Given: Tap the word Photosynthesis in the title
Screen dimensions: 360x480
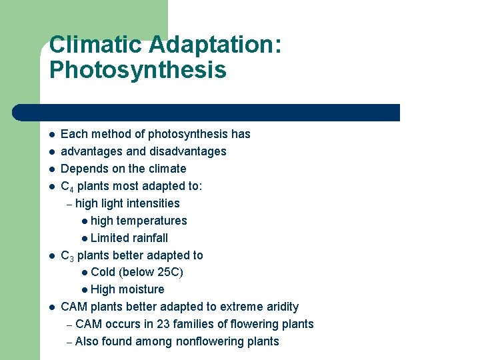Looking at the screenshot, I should click(x=137, y=70).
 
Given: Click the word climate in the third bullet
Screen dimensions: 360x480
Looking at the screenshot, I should click(x=167, y=169).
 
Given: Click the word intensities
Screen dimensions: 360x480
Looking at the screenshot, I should click(x=153, y=203).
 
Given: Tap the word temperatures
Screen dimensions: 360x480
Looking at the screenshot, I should click(x=152, y=221).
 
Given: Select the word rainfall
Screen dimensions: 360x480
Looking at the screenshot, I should click(x=150, y=238).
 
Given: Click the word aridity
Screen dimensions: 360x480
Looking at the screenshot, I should click(x=281, y=307).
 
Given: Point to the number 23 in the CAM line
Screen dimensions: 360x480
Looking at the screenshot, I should click(x=163, y=324).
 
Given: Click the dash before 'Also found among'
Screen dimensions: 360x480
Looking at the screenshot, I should click(x=69, y=342).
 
